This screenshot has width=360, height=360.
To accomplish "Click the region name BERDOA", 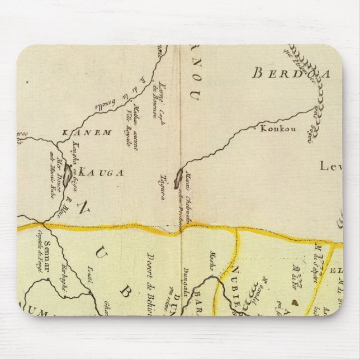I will pos(285,73).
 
